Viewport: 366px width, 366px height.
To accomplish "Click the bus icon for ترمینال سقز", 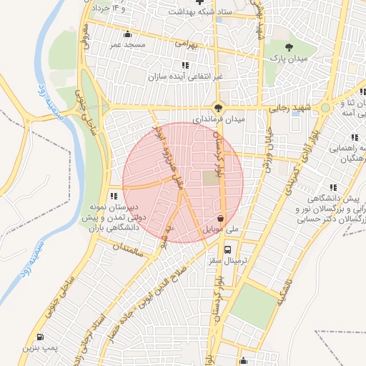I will [227, 250].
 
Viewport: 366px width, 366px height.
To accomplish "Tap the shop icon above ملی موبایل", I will [220, 218].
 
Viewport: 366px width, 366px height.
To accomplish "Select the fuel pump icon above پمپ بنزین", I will [39, 337].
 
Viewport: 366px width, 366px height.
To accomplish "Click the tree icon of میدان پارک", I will [289, 46].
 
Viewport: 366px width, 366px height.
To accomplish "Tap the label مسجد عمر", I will [127, 44].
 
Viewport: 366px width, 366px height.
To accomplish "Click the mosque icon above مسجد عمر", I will [127, 33].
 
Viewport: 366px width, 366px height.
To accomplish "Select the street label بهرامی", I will [185, 44].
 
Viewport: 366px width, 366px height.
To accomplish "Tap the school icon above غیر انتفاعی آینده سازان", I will [186, 65].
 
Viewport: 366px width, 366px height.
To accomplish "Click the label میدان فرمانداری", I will [217, 119].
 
